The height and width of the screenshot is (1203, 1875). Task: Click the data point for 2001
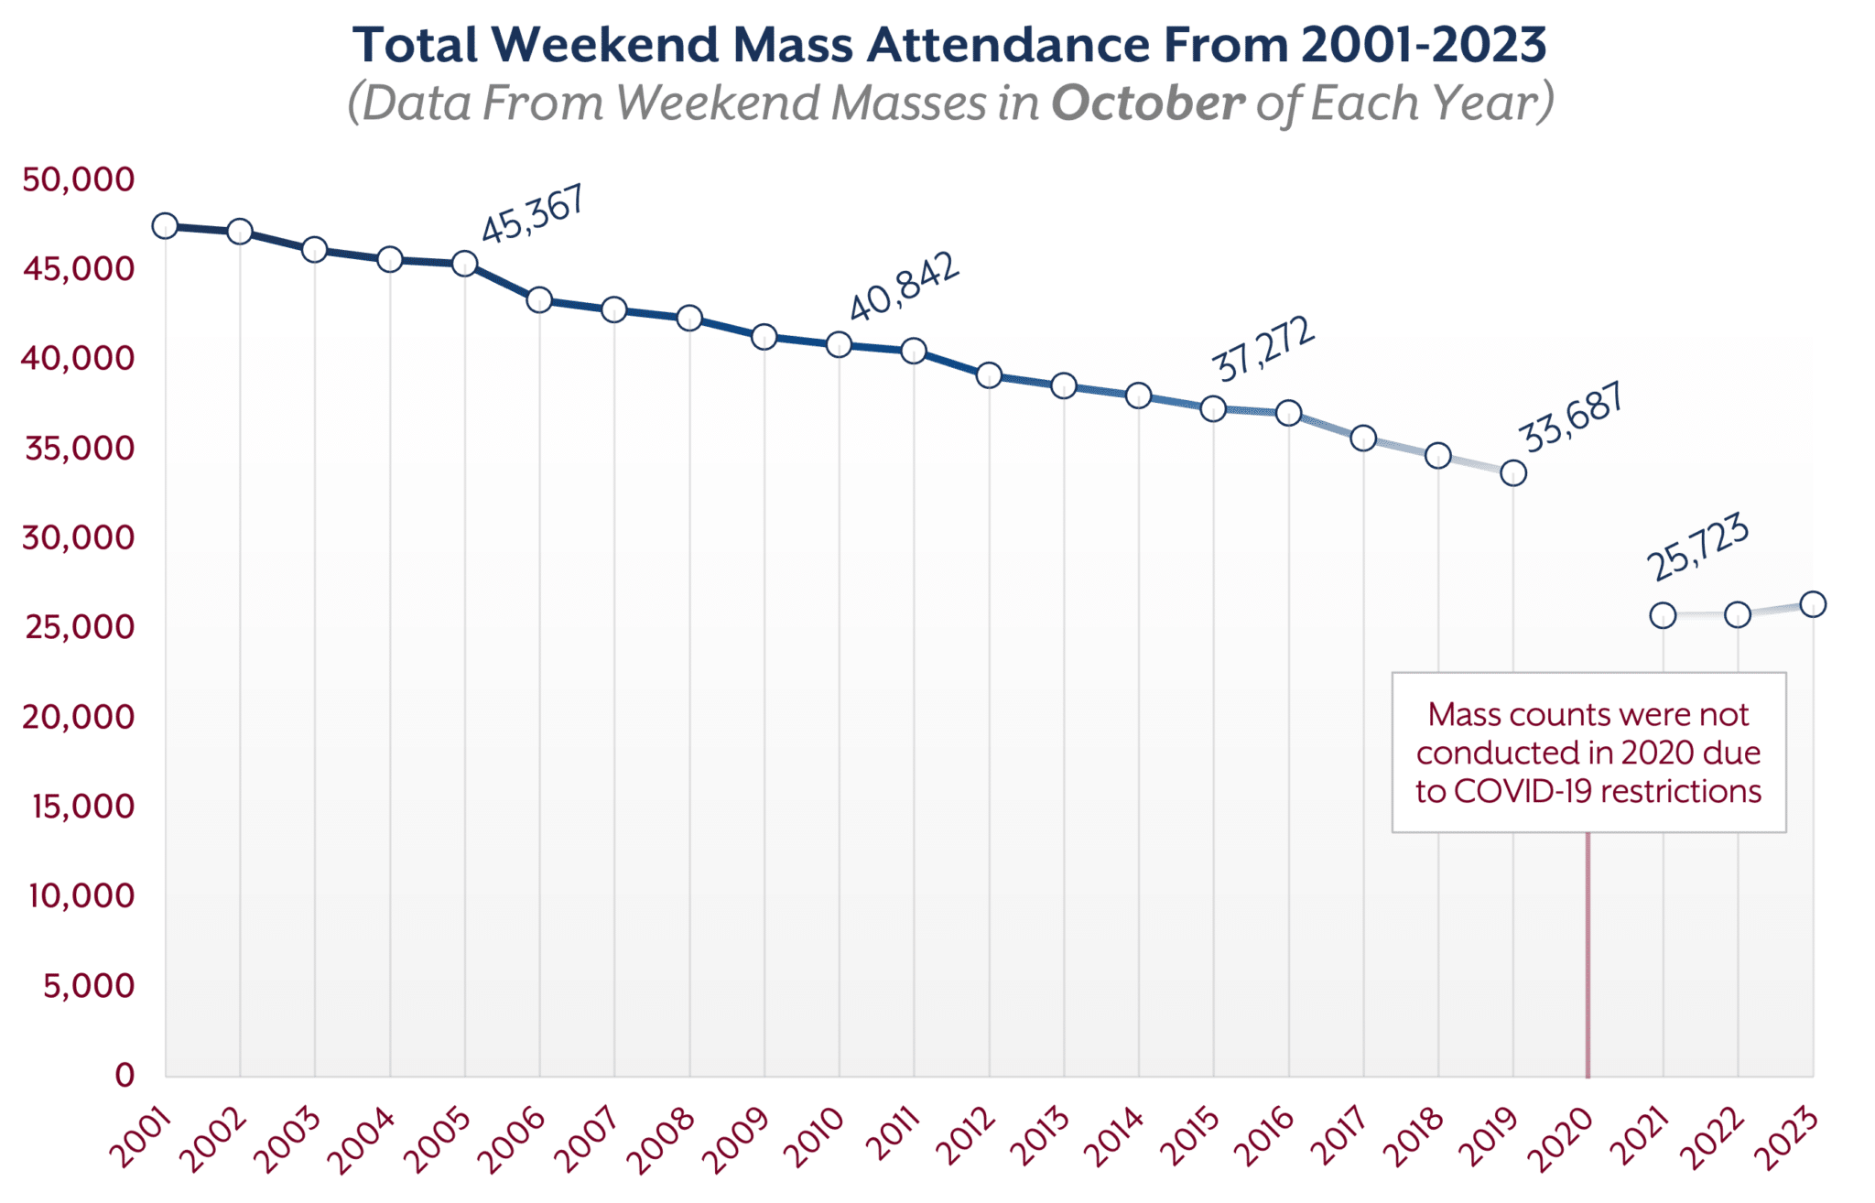[165, 226]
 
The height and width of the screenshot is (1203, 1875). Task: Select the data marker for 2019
[1513, 473]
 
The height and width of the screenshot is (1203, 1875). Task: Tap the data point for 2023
[1813, 604]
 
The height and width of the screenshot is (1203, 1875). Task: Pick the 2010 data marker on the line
[839, 345]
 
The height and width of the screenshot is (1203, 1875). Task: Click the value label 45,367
[533, 214]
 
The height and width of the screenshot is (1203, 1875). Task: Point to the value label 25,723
[1698, 547]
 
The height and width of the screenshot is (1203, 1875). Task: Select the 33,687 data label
[1571, 417]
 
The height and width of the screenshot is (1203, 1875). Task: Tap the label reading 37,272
[1263, 349]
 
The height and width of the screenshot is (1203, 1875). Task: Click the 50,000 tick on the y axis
[79, 179]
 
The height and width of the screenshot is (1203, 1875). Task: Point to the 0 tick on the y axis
[125, 1074]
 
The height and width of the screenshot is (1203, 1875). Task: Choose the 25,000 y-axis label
[79, 627]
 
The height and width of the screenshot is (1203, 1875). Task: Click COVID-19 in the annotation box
[1523, 791]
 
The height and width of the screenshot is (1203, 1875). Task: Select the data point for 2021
[1663, 615]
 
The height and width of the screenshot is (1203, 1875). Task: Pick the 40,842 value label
[905, 287]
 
